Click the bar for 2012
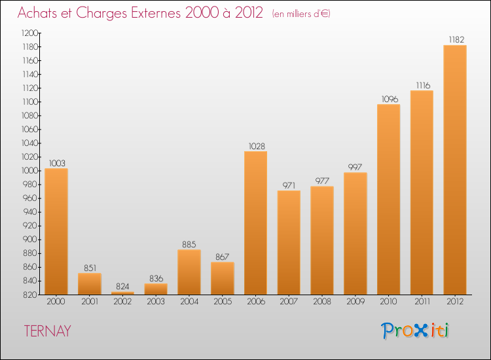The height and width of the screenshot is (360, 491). pyautogui.click(x=454, y=170)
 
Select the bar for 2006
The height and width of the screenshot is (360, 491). pyautogui.click(x=255, y=223)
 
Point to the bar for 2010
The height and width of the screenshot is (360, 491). pyautogui.click(x=388, y=199)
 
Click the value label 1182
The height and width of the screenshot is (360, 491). pyautogui.click(x=454, y=40)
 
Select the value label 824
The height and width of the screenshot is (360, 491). pyautogui.click(x=122, y=287)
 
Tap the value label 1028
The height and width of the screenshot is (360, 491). pyautogui.click(x=255, y=146)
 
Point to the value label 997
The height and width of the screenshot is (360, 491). pyautogui.click(x=355, y=167)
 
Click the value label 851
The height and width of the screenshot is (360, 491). pyautogui.click(x=90, y=268)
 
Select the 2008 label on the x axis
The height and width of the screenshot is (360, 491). pyautogui.click(x=322, y=302)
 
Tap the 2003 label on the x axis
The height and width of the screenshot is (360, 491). pyautogui.click(x=156, y=302)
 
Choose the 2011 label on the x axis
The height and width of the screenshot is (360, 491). pyautogui.click(x=422, y=302)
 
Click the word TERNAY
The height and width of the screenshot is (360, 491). pyautogui.click(x=48, y=331)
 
